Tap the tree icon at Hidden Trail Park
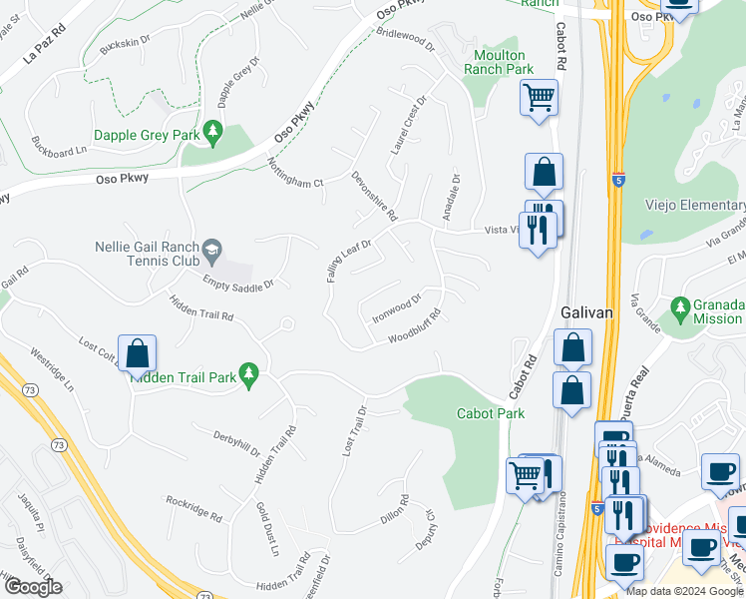click(249, 375)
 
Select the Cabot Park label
click(490, 413)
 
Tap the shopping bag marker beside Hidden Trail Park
click(137, 354)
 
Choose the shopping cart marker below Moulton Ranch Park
click(539, 98)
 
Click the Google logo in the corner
click(32, 587)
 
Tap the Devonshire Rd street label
click(374, 195)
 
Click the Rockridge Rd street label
click(193, 509)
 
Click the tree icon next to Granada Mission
click(681, 305)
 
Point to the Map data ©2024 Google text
click(684, 590)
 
